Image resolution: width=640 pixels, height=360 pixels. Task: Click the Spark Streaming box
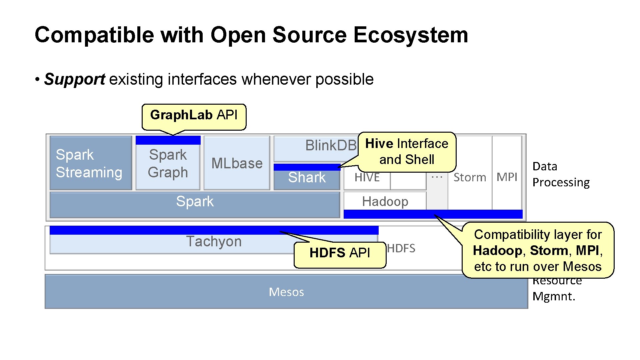click(90, 163)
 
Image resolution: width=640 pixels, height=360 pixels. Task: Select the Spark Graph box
click(168, 164)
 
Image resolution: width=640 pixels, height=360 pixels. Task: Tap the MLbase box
click(237, 163)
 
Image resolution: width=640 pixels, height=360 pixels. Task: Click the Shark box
click(307, 177)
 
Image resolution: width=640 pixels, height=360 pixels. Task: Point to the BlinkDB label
click(331, 145)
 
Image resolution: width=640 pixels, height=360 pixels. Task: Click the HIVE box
click(367, 177)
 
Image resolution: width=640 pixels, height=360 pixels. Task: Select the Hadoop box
click(385, 201)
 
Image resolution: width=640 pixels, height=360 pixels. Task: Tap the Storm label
click(469, 177)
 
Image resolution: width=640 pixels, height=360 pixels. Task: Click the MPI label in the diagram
click(507, 177)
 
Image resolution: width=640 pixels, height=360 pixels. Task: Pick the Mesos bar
click(286, 292)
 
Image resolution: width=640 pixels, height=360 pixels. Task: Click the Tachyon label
click(214, 241)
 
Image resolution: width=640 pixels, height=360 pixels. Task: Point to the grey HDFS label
click(401, 248)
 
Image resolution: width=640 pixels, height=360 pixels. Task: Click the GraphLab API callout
click(194, 115)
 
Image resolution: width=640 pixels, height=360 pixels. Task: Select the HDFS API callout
click(340, 253)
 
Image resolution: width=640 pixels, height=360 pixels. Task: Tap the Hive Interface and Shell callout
click(407, 152)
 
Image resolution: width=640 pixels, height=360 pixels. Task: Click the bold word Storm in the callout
click(549, 251)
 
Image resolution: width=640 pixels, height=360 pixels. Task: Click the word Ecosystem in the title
click(410, 35)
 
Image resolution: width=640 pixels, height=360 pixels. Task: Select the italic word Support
click(75, 79)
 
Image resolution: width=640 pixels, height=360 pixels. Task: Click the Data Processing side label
click(561, 174)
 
